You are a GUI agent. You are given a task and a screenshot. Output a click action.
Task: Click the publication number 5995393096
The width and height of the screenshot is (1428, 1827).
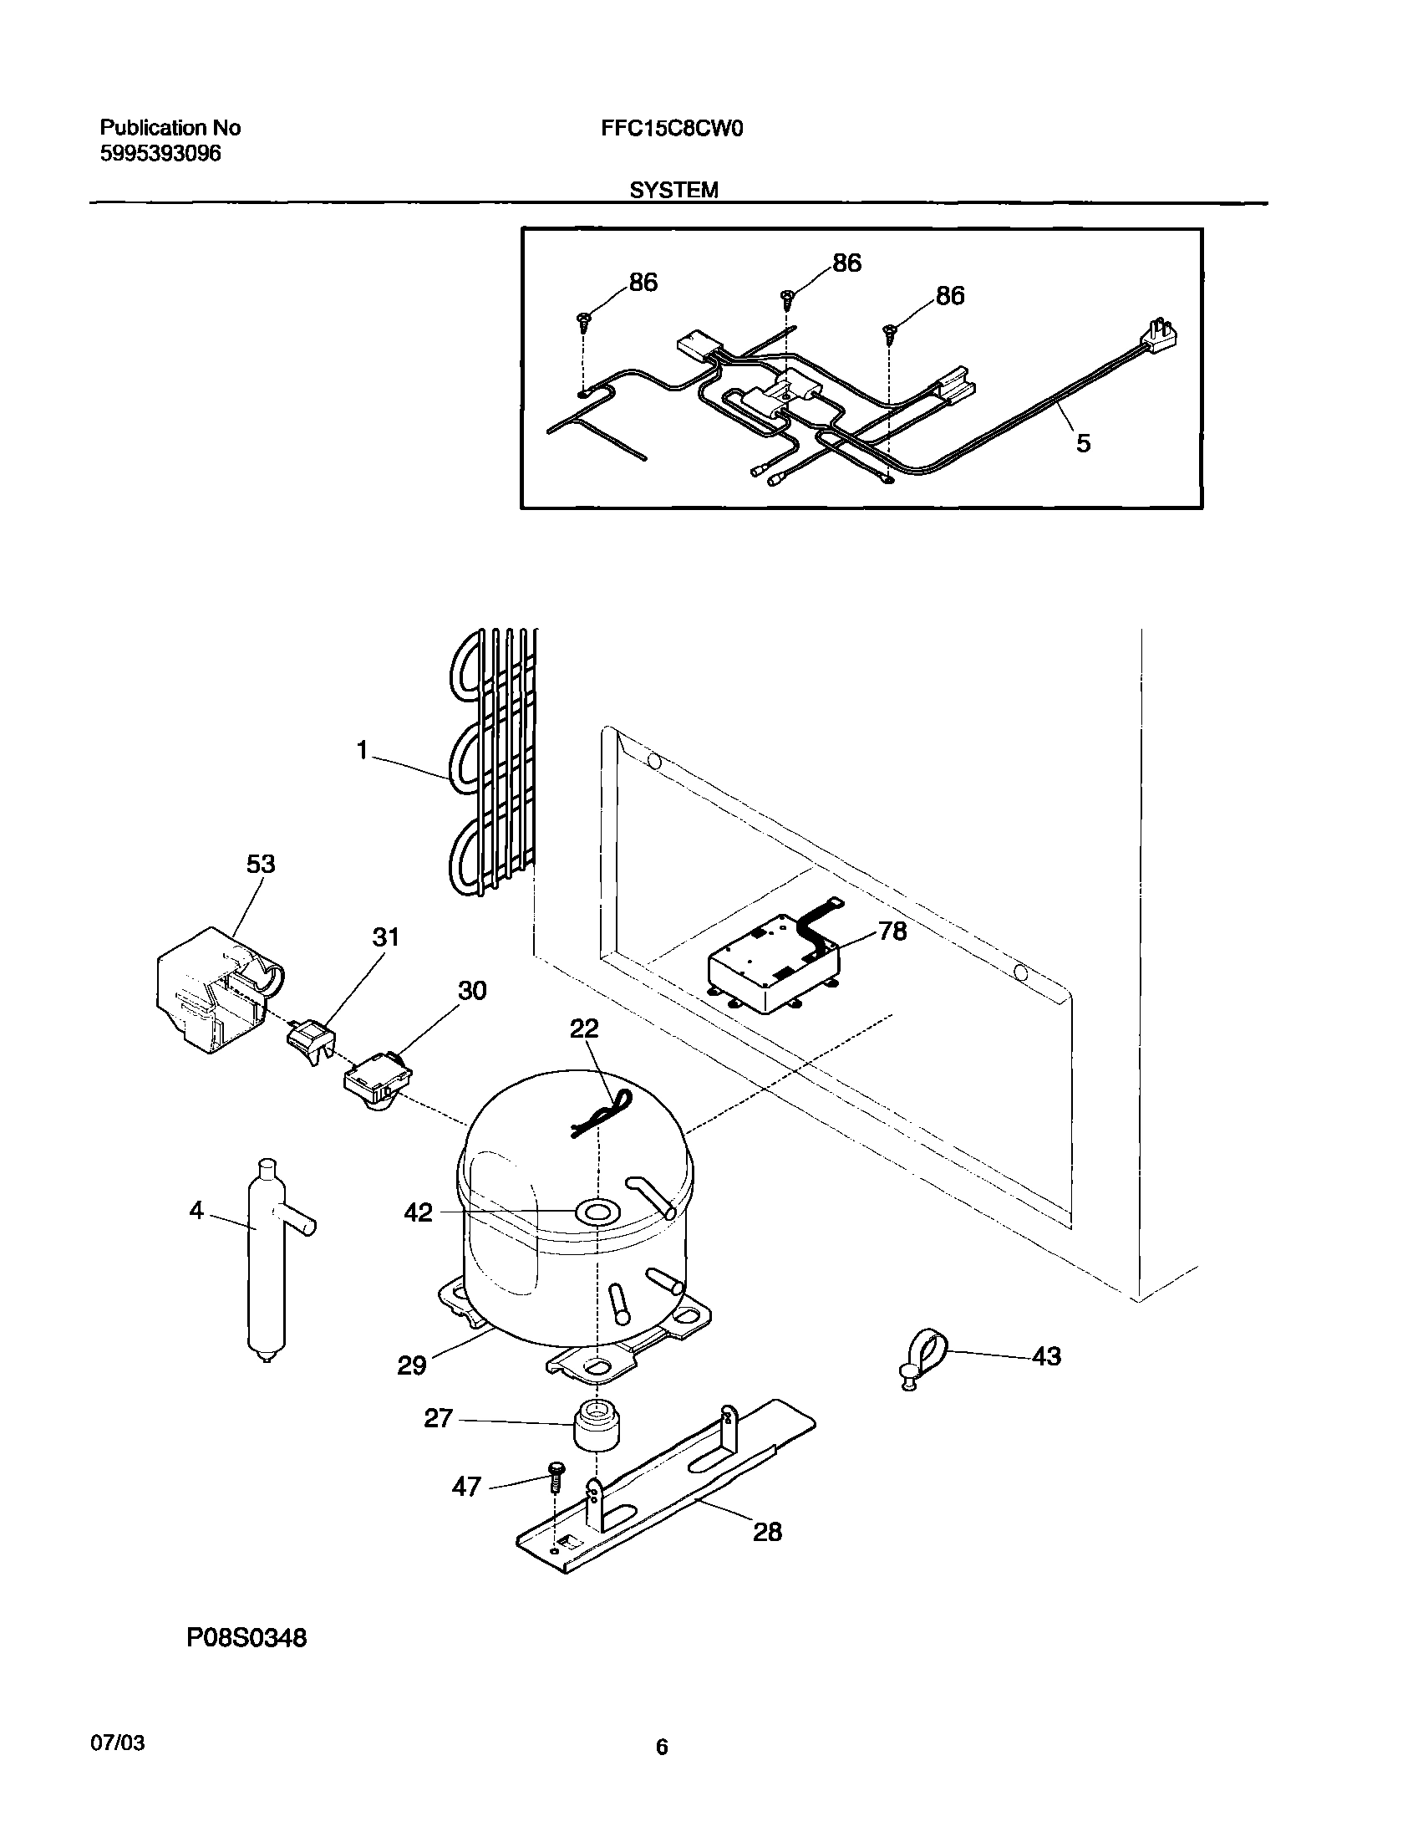coord(160,154)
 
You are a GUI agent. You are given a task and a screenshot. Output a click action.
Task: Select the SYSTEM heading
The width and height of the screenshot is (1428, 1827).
coord(673,191)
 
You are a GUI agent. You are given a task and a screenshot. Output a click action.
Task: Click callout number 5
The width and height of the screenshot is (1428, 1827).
coord(1083,443)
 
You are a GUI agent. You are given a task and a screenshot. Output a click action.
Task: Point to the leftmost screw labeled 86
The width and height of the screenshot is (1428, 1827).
coord(583,319)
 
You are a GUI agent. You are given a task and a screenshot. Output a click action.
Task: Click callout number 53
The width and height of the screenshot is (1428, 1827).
coord(260,864)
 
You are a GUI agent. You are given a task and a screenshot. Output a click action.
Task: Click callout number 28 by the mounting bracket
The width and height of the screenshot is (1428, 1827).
coord(767,1532)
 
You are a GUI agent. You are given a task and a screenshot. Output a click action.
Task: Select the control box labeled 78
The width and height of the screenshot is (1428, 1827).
coord(774,968)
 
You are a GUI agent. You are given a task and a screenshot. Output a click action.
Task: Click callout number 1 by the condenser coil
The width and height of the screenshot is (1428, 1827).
coord(361,751)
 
